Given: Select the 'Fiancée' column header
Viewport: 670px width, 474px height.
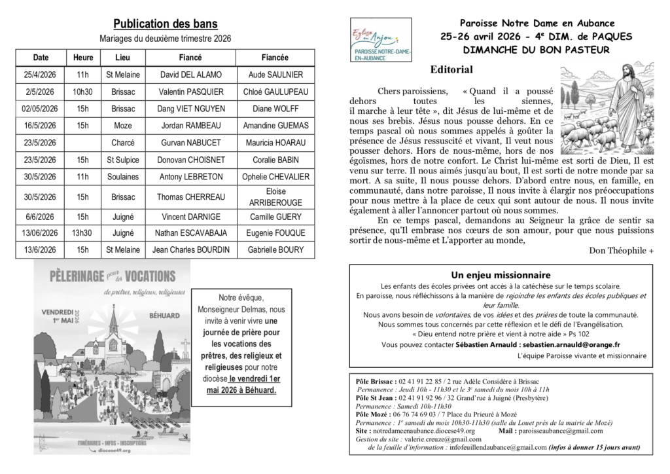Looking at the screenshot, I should (275, 57).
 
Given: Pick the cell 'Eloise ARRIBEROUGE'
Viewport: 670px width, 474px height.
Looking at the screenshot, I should (275, 196).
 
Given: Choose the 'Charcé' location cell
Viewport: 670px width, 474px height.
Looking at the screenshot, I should (122, 143).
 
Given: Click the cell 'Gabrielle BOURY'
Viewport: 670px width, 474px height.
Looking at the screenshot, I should (275, 249).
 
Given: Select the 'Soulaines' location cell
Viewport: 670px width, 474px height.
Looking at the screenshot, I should (122, 177).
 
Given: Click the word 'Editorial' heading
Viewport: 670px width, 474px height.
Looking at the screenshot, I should (451, 69).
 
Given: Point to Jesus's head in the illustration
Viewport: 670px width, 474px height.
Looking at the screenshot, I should (629, 71).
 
